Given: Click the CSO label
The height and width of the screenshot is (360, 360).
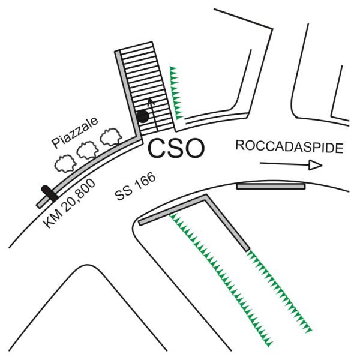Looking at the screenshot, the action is pos(176,148).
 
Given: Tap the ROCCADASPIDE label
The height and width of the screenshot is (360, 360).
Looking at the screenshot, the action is pos(290,147).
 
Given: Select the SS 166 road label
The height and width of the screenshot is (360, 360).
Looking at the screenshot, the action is pos(136,186).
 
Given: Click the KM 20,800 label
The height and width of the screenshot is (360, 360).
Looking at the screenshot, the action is pos(70,203).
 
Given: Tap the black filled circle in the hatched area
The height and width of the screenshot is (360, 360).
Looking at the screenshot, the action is pos(143,116).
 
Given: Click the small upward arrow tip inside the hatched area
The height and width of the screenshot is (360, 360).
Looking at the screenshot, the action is pos(150,99).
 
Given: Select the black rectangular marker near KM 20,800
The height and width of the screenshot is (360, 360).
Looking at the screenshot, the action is pos(49,193).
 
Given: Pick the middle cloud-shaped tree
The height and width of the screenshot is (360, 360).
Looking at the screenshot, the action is pos(88,150).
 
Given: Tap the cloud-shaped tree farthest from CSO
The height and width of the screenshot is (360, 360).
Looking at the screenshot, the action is pos(65,163).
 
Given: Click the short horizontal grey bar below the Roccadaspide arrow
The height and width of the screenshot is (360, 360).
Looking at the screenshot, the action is pos(271,186).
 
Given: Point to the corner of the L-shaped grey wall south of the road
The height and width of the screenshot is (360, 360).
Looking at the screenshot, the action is pos(206,196).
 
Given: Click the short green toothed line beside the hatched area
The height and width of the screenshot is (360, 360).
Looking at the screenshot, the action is pos(176,93).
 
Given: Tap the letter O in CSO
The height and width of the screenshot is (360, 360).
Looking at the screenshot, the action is pos(194,148).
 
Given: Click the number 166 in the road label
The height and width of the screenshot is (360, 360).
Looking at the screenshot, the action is pos(145,181).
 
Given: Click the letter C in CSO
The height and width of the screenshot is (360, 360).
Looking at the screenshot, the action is pos(157,148).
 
